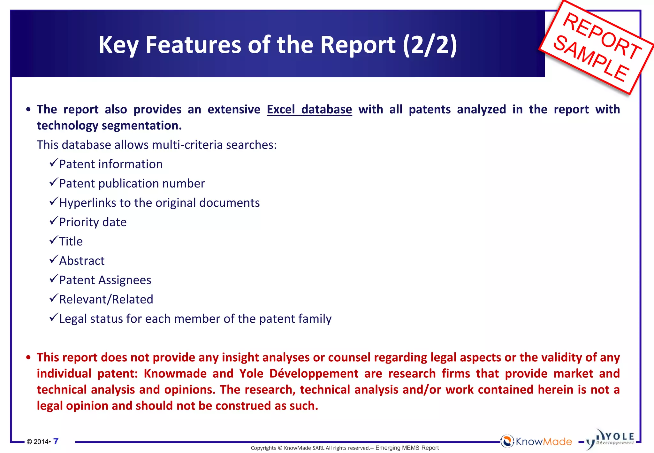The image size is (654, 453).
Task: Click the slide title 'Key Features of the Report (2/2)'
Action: pyautogui.click(x=278, y=45)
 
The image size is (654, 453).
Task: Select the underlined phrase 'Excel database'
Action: pyautogui.click(x=309, y=110)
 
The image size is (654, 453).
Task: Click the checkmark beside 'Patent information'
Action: pyautogui.click(x=54, y=163)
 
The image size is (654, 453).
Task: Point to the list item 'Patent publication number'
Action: pyautogui.click(x=132, y=184)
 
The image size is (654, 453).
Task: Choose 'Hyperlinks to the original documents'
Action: pyautogui.click(x=159, y=203)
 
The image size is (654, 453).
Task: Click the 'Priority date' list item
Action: pyautogui.click(x=93, y=222)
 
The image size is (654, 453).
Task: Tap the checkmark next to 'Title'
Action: pyautogui.click(x=54, y=240)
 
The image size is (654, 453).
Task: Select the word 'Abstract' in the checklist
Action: pyautogui.click(x=82, y=261)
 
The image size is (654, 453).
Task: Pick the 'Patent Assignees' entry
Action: pyautogui.click(x=105, y=280)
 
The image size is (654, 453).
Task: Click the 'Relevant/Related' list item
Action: pyautogui.click(x=106, y=300)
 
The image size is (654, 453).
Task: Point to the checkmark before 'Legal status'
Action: pyautogui.click(x=54, y=318)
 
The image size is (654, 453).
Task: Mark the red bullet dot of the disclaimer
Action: pyautogui.click(x=29, y=357)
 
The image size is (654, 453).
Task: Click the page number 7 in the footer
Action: pyautogui.click(x=56, y=441)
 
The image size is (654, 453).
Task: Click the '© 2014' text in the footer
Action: pyautogui.click(x=38, y=442)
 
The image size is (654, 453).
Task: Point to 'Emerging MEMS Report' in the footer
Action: pyautogui.click(x=407, y=448)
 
